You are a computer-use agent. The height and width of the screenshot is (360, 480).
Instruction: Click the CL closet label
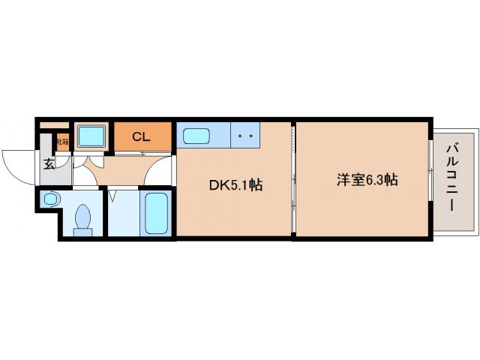(140, 136)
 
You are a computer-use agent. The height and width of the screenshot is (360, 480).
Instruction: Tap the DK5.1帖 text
(235, 184)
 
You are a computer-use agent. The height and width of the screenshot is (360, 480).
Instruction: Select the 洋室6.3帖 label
(367, 180)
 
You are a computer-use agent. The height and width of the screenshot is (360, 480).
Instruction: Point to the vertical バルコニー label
(452, 178)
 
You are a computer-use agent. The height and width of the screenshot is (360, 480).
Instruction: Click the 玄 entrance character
(48, 163)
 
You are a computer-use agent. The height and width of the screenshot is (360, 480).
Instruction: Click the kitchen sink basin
(196, 137)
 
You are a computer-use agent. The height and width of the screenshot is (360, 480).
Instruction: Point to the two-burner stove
(244, 137)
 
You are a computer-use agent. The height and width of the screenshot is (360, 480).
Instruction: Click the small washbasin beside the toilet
(51, 199)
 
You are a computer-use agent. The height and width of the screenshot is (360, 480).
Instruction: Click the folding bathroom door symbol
(113, 196)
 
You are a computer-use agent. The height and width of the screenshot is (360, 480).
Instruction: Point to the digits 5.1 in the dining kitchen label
(241, 184)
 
